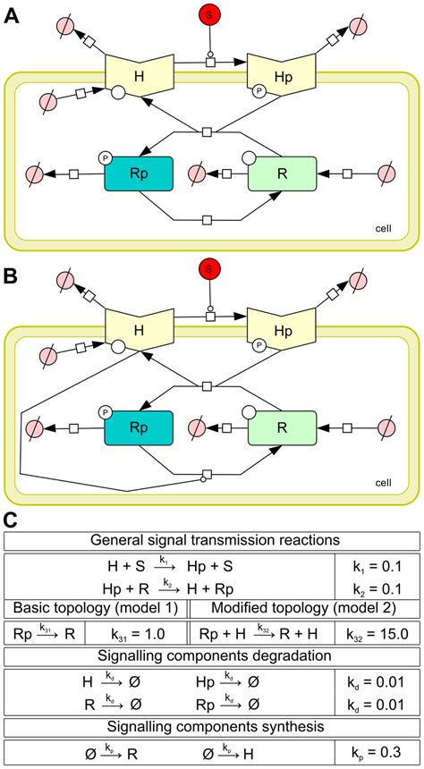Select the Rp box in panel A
(x=139, y=173)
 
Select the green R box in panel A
(x=281, y=173)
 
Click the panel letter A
(x=13, y=15)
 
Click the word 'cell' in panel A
(x=384, y=230)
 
